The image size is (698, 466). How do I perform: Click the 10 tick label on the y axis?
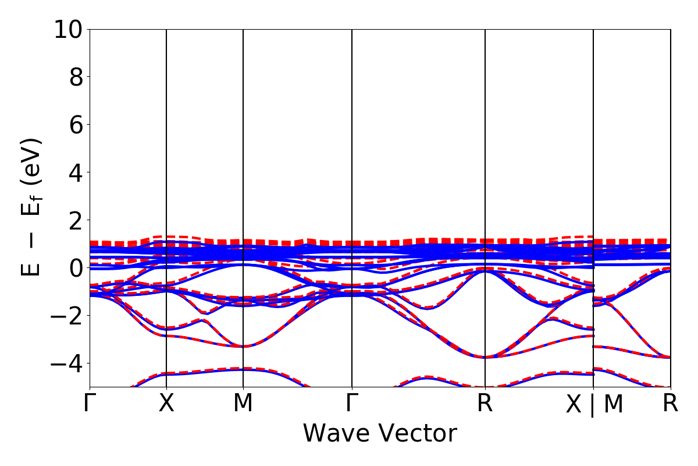pyautogui.click(x=69, y=30)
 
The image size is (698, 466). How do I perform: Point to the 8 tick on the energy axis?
pyautogui.click(x=76, y=77)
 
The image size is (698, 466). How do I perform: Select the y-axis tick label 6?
pyautogui.click(x=76, y=125)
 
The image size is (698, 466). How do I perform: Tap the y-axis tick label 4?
pyautogui.click(x=76, y=172)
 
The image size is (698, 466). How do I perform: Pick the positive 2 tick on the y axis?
pyautogui.click(x=76, y=220)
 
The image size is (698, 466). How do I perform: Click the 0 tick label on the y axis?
pyautogui.click(x=76, y=268)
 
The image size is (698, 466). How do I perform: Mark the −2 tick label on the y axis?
pyautogui.click(x=69, y=316)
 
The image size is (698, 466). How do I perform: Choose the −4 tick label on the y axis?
pyautogui.click(x=69, y=363)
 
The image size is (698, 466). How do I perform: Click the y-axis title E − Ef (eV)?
pyautogui.click(x=33, y=207)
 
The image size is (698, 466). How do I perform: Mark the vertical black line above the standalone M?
pyautogui.click(x=243, y=175)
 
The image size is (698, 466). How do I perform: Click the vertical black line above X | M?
pyautogui.click(x=593, y=175)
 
